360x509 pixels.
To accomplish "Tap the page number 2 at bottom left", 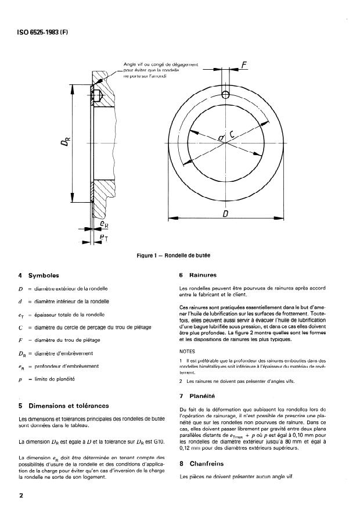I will (x=21, y=496).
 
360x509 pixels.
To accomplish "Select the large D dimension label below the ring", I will (x=225, y=214).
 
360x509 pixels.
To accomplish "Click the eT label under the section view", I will (x=103, y=238).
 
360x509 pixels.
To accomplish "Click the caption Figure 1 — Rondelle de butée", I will (x=179, y=256).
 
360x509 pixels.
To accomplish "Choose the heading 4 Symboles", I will (x=39, y=275).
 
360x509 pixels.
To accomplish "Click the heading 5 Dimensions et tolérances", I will (x=64, y=406).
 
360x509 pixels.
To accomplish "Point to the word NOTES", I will (x=188, y=352).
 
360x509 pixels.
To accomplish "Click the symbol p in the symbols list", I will (x=21, y=379).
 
